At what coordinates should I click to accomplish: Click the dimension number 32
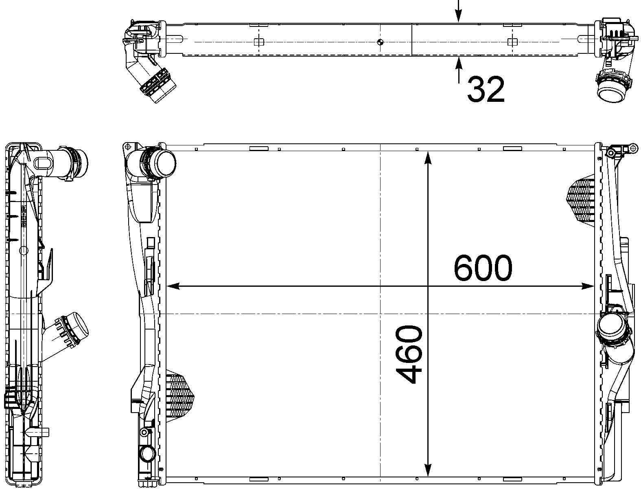tap(486, 89)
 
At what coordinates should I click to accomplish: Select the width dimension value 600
tap(483, 268)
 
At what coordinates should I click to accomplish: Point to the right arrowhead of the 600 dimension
tap(588, 286)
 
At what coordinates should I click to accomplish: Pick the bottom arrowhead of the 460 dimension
tap(428, 472)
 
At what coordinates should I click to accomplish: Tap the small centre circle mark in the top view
tap(380, 42)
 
